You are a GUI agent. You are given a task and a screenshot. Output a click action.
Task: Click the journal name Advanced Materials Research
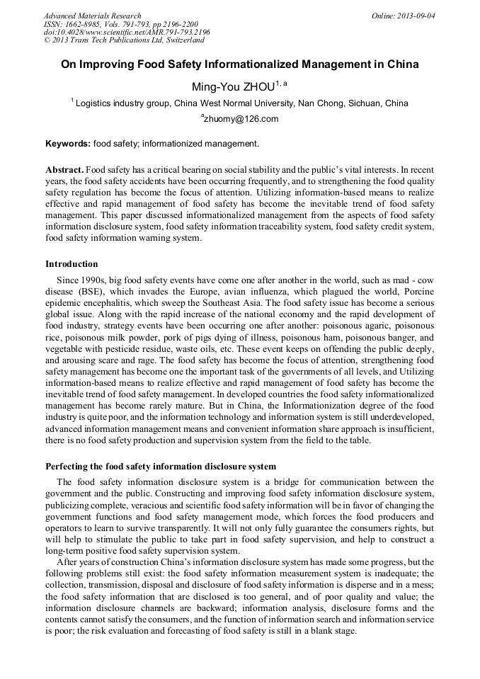click(92, 16)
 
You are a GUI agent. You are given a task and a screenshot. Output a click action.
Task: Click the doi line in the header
click(127, 32)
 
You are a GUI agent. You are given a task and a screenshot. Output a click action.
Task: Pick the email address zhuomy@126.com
click(241, 119)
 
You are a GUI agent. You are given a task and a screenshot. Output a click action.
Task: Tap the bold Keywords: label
click(68, 144)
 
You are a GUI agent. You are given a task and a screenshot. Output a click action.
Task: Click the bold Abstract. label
click(64, 171)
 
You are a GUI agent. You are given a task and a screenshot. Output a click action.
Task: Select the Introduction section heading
click(72, 264)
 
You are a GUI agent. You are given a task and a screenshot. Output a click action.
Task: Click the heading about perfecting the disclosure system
click(161, 467)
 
